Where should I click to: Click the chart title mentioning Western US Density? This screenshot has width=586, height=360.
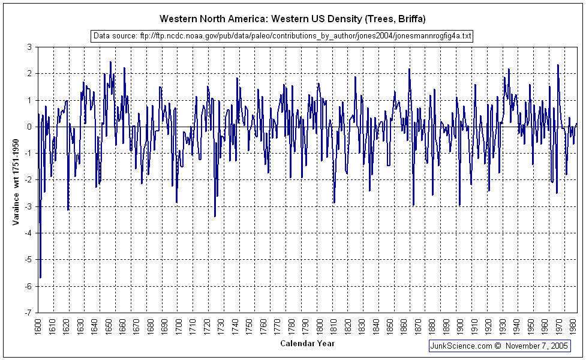click(293, 19)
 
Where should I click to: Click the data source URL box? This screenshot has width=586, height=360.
click(282, 37)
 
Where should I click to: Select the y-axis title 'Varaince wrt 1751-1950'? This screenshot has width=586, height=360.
click(16, 179)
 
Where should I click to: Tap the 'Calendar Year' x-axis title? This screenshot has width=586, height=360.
click(307, 344)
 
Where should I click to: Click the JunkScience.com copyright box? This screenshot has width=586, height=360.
click(499, 346)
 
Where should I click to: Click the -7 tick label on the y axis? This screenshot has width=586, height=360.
click(28, 313)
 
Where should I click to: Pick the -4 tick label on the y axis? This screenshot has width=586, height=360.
click(28, 233)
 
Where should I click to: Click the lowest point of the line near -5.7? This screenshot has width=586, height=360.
click(40, 278)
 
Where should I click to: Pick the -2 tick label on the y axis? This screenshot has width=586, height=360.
click(28, 180)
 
